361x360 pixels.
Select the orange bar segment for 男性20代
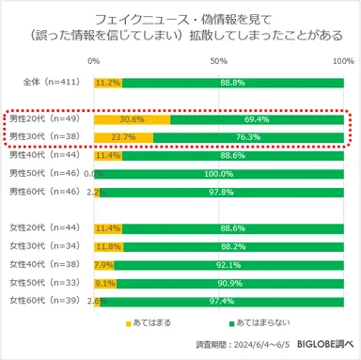(x=132, y=120)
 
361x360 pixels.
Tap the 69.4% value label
(x=257, y=120)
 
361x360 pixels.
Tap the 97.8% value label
(x=222, y=192)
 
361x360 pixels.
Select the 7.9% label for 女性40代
(x=103, y=264)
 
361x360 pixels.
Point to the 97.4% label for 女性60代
(x=222, y=300)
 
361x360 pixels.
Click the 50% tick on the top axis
(x=219, y=61)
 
